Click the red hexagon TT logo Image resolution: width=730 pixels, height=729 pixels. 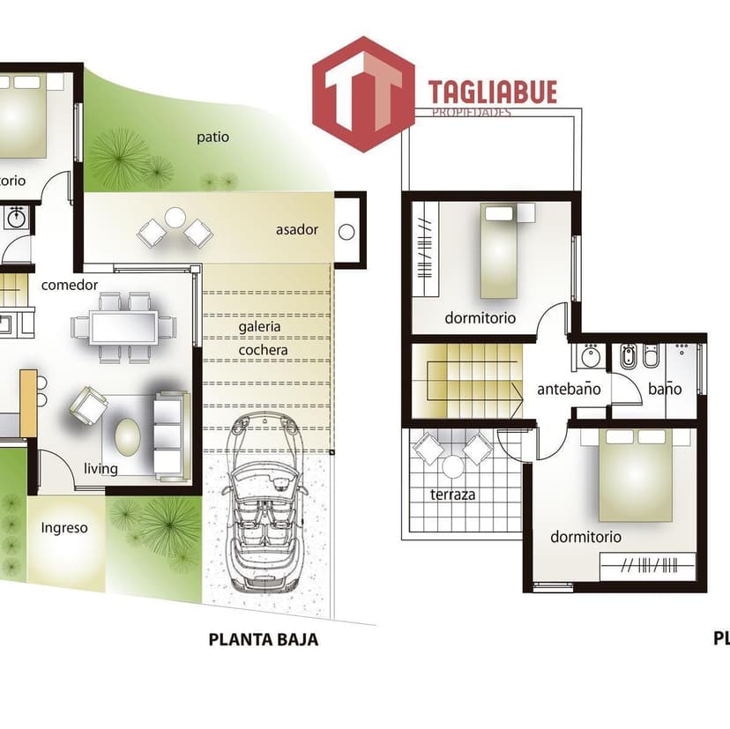tap(363, 93)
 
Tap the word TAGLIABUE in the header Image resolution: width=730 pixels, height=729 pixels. tap(492, 93)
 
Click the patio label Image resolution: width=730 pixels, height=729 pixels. tap(212, 137)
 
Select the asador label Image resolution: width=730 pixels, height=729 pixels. tap(296, 230)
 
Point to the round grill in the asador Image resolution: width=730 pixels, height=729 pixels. tap(346, 233)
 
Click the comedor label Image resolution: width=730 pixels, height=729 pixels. tap(70, 285)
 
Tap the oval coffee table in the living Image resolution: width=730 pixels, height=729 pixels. tap(129, 435)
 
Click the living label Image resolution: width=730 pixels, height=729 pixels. tap(101, 468)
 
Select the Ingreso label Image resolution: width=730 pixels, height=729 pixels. tap(64, 528)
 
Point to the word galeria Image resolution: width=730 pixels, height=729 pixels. tap(259, 326)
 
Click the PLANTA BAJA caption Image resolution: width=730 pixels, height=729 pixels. tap(263, 640)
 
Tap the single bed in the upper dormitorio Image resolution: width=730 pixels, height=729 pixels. tap(507, 251)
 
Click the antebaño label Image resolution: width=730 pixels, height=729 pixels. tap(569, 389)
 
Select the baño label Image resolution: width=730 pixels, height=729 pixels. tap(665, 389)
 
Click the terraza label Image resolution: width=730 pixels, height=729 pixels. tap(452, 495)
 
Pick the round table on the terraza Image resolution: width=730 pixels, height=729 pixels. tap(453, 466)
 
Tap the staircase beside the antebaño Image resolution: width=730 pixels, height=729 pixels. tap(467, 381)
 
